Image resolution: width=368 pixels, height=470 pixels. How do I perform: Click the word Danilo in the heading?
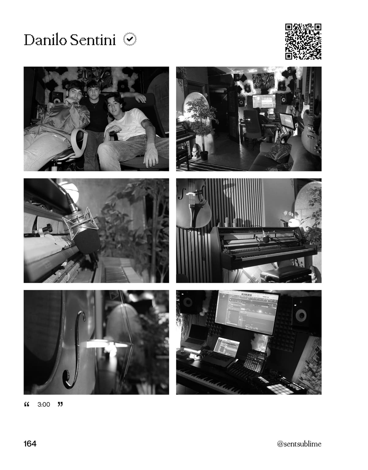point(45,40)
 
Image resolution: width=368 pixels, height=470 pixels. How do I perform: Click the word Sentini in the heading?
point(93,40)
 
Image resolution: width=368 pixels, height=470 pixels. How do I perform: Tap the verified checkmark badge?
point(130,39)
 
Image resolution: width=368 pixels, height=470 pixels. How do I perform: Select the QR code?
point(303,41)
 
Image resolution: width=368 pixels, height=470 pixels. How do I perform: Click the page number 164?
point(30,444)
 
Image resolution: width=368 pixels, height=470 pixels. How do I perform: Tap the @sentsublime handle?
point(299,444)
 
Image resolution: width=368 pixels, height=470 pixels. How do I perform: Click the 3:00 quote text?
point(44,405)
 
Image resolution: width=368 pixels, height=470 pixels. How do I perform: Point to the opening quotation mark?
point(27,404)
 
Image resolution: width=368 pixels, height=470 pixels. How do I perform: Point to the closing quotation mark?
point(60,404)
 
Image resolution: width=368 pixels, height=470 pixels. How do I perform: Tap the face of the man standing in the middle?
point(94,90)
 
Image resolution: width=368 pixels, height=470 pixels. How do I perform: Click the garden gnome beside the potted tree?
point(195,151)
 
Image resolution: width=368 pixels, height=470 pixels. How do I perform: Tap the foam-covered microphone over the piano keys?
point(86,240)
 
